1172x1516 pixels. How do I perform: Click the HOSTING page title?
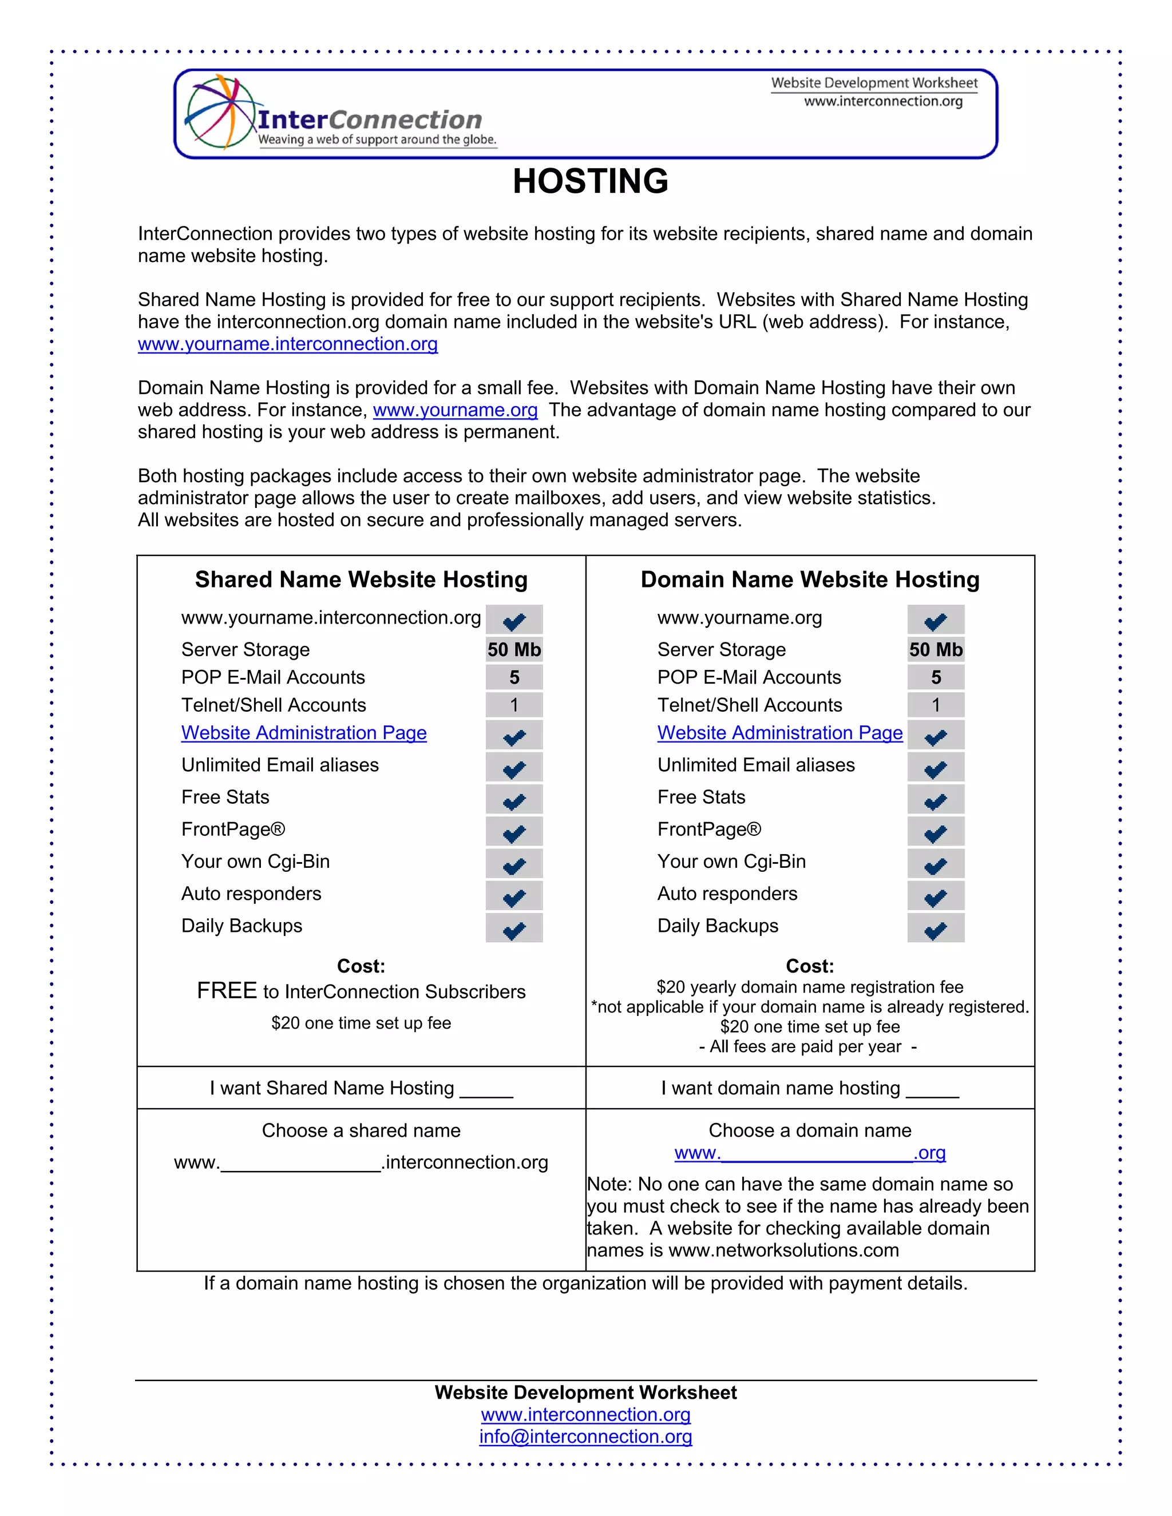[x=590, y=181]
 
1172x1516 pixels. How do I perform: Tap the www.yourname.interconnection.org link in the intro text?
[x=287, y=344]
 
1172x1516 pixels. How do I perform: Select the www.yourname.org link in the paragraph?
[x=455, y=410]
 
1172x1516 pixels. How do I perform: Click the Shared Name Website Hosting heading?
[x=361, y=579]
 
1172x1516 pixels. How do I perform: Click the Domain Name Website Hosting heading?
[x=810, y=579]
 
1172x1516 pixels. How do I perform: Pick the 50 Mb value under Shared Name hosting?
[x=514, y=650]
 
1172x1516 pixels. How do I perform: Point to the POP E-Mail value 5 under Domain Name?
[x=935, y=677]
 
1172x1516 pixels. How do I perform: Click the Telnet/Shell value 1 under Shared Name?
[x=514, y=705]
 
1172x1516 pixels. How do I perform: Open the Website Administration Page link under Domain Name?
[x=780, y=733]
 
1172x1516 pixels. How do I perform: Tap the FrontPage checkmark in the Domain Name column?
[x=935, y=833]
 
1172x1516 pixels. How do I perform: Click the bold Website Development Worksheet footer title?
[x=585, y=1392]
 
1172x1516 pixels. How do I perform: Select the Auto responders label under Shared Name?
[x=251, y=894]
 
